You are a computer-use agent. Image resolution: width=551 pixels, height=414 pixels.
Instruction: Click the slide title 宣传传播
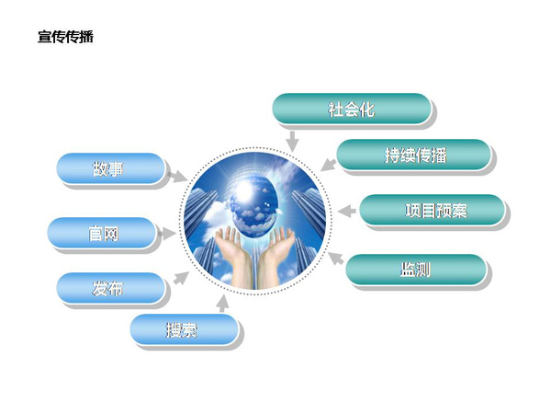point(65,37)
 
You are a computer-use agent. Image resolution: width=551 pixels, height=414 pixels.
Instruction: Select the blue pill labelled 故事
point(111,168)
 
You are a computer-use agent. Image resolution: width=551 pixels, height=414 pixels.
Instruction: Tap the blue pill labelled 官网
point(102,233)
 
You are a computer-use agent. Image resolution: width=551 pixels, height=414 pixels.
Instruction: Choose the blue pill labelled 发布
point(111,288)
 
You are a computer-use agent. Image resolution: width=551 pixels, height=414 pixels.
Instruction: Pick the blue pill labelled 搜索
point(185,329)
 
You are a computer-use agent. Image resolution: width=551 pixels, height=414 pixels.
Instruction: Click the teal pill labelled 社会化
point(352,109)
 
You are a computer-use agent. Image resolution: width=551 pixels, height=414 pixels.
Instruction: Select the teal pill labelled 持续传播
point(414,155)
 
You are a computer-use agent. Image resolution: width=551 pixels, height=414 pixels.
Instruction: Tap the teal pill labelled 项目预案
point(433,210)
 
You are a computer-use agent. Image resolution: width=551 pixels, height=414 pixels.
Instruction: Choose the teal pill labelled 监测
point(416,270)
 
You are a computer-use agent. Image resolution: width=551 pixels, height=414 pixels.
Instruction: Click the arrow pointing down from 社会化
point(292,141)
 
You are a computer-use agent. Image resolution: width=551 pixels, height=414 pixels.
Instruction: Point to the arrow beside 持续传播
point(328,165)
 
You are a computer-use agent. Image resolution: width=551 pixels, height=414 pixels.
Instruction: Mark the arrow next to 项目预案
point(346,211)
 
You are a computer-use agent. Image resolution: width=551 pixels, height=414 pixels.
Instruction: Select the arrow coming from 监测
point(335,258)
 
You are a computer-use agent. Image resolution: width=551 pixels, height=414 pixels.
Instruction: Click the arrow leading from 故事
point(177,176)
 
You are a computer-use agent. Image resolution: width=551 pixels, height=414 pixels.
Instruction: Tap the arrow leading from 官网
point(166,233)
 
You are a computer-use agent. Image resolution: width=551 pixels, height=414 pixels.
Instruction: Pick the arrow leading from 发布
point(181,278)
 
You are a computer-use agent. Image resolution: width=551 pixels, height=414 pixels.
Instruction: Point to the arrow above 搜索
point(222,304)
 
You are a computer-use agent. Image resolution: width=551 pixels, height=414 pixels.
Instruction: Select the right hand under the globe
point(275,256)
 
